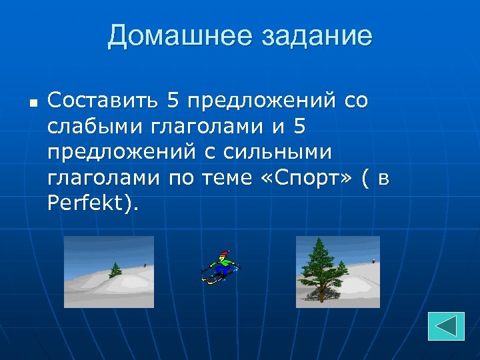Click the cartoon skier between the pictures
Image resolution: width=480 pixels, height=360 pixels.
[x=221, y=267]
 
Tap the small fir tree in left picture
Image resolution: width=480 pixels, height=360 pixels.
[x=115, y=269]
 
